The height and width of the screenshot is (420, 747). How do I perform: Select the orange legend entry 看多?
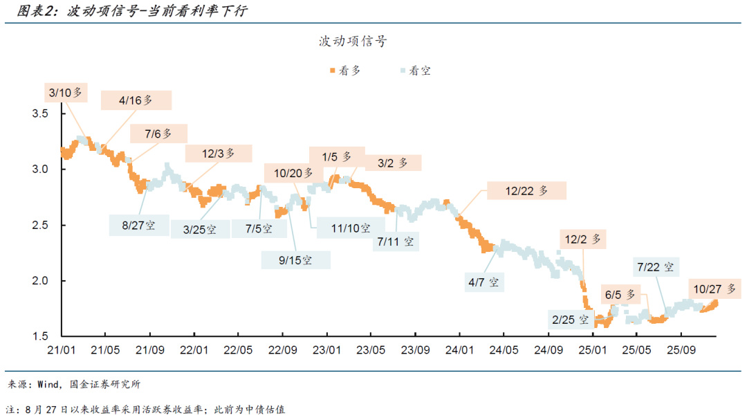[x=344, y=71]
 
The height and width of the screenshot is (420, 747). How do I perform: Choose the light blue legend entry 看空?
[x=414, y=71]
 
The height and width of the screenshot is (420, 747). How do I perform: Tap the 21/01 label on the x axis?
[x=62, y=351]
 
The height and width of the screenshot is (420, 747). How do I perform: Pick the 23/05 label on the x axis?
[x=372, y=351]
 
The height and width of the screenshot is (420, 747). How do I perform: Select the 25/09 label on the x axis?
[x=682, y=351]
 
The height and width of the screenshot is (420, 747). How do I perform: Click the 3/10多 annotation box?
[x=66, y=92]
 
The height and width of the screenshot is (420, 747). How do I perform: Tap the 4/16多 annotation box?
[x=136, y=100]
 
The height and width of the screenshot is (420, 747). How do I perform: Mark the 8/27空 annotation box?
[x=139, y=225]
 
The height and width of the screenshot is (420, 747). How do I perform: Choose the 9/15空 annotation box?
[x=295, y=260]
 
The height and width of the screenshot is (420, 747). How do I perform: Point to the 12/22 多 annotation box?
[x=526, y=191]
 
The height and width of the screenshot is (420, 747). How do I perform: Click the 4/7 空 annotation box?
[x=483, y=282]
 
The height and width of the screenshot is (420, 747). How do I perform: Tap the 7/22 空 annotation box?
[x=654, y=267]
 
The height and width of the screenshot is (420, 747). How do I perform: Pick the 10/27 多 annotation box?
[x=713, y=289]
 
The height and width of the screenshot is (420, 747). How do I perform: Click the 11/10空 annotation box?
[x=350, y=228]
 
